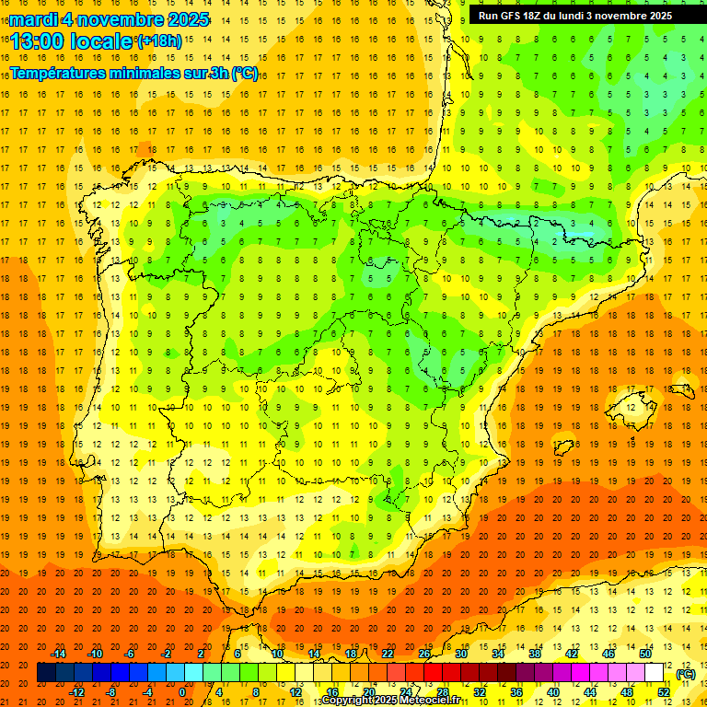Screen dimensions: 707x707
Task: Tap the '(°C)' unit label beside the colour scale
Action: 686,674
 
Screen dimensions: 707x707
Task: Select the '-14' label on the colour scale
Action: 59,654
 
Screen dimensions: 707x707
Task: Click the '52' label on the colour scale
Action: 664,692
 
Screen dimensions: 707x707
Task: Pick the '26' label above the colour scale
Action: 424,654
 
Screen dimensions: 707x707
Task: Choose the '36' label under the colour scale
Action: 516,692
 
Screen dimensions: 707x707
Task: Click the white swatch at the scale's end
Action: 655,673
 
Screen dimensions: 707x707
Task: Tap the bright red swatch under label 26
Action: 424,673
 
